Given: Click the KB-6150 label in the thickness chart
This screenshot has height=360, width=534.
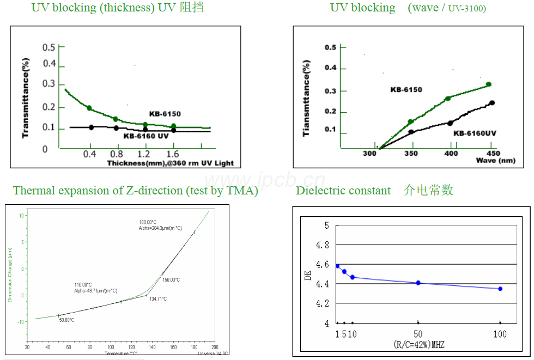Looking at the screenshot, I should (x=165, y=114).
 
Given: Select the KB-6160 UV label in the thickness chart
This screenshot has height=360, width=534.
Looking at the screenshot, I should (x=145, y=136).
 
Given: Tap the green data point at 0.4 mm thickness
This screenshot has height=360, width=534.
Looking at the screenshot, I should (x=89, y=108).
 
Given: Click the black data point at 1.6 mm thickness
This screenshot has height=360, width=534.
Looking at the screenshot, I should (x=174, y=130).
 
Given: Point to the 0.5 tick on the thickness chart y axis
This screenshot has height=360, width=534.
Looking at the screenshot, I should (x=49, y=47).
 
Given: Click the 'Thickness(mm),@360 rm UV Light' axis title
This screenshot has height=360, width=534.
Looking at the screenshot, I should (x=170, y=163).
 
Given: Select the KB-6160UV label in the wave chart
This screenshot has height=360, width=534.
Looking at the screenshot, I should (x=475, y=133).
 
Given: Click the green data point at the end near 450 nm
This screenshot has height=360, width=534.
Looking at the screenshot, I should (x=488, y=84).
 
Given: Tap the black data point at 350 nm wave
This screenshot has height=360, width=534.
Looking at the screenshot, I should (x=411, y=132).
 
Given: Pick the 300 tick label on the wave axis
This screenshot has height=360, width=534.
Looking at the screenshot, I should (x=369, y=154).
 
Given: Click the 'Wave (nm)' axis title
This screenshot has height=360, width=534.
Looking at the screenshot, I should (x=495, y=161).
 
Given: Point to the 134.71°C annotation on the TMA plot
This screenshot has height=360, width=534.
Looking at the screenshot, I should (x=157, y=299).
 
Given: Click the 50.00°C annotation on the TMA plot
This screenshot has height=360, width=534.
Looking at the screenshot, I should (x=66, y=320).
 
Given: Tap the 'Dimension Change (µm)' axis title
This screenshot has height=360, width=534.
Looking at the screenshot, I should (x=9, y=275).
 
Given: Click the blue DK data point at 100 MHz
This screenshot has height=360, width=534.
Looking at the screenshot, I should (x=500, y=289).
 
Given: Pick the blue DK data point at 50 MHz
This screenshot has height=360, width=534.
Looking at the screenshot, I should (x=418, y=283).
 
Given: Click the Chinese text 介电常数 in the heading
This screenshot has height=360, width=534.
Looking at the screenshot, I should (x=429, y=190).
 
